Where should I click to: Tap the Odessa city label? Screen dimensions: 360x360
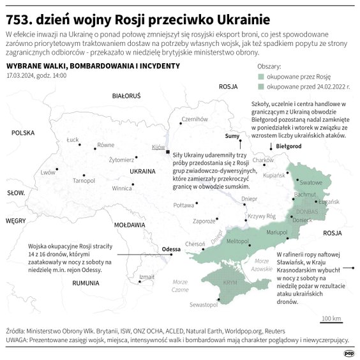pyautogui.click(x=172, y=248)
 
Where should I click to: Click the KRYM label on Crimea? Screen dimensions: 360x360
pyautogui.click(x=230, y=282)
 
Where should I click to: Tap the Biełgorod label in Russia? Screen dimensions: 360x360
pyautogui.click(x=289, y=146)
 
